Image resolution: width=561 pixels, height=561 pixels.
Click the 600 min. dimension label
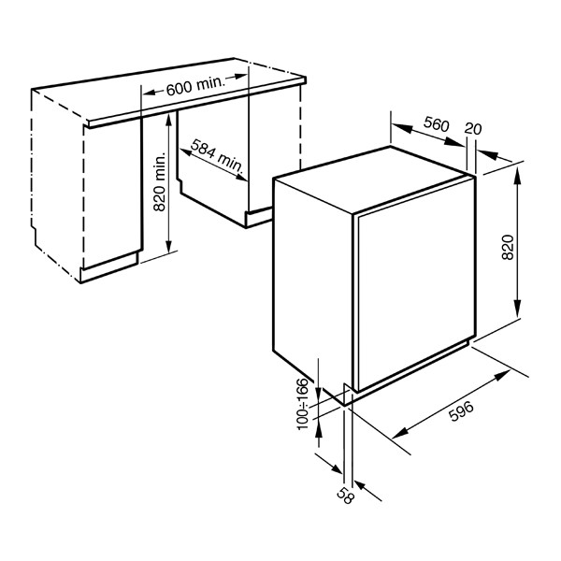[x=195, y=86]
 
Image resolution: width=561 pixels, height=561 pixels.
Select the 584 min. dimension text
[x=217, y=154]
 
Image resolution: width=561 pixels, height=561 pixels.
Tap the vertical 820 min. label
[x=159, y=181]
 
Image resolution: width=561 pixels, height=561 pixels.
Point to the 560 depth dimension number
[x=436, y=123]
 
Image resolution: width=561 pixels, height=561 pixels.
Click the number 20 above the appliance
[x=473, y=128]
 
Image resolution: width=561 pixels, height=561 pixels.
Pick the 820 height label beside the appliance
[x=508, y=247]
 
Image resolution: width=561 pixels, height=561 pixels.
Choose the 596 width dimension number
[x=461, y=411]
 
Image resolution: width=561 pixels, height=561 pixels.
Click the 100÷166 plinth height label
[x=302, y=404]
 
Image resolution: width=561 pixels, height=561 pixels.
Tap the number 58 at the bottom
[x=345, y=496]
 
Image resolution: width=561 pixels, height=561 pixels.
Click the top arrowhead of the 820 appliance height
[x=517, y=176]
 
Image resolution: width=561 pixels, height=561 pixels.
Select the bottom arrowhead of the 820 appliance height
[x=517, y=309]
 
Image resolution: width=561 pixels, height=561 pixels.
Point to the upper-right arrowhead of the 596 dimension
[x=502, y=376]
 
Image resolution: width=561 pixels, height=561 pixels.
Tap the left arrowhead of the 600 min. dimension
[x=150, y=93]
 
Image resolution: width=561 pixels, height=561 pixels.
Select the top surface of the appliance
[x=372, y=180]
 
